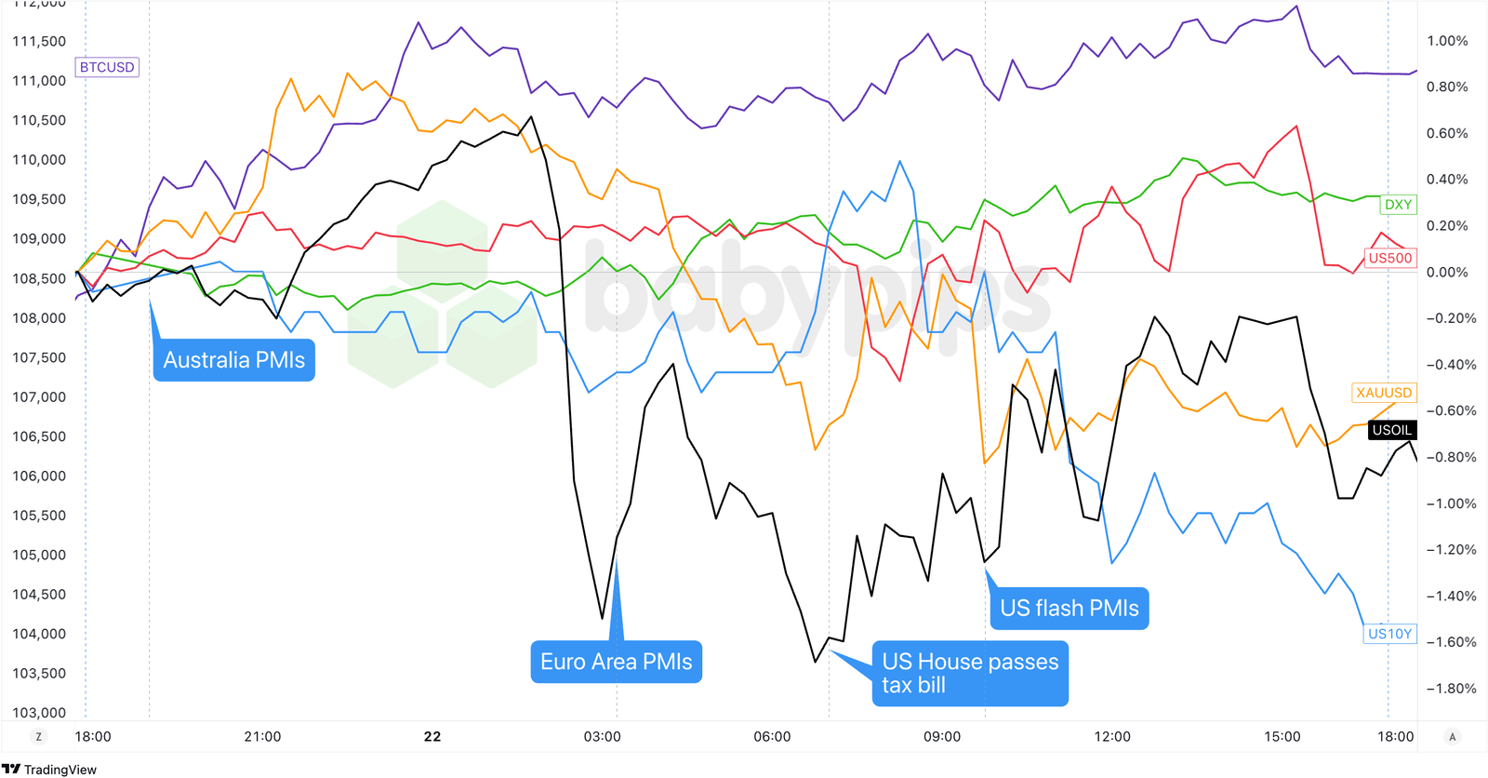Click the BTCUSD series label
107,67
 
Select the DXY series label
1398,205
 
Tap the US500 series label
1389,258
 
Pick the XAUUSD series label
1384,393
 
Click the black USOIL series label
1391,430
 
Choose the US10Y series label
1389,634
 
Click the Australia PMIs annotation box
234,360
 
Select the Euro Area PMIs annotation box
616,662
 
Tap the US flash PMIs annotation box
1069,609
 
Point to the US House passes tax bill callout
970,673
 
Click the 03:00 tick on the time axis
602,737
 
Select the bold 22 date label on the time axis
432,737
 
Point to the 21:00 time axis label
262,737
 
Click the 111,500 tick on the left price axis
39,41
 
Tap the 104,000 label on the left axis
39,634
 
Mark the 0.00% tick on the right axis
1447,273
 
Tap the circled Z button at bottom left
38,736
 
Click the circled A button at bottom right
1452,736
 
